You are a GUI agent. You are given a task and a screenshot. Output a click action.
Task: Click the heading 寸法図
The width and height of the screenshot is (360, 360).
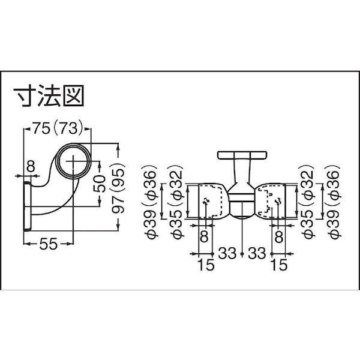[48, 96]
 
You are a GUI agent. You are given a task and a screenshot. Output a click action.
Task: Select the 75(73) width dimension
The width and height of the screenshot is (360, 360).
[58, 128]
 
